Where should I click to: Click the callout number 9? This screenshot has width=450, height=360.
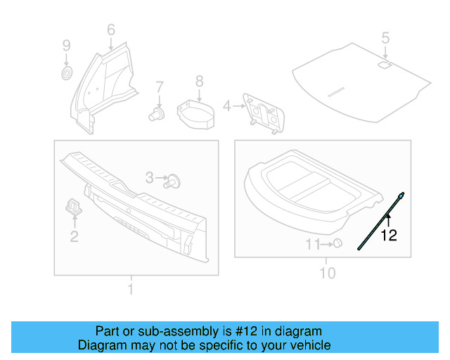[66, 46]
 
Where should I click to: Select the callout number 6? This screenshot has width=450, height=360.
[110, 30]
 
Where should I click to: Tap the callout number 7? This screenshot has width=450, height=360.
[159, 87]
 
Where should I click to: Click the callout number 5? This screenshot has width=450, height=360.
[385, 37]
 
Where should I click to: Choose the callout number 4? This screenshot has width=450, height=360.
[226, 106]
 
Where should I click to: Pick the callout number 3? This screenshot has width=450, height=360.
[149, 179]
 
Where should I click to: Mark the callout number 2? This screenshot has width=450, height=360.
[74, 236]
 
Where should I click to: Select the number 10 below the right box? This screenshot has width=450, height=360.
[328, 273]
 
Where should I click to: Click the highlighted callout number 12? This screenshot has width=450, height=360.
[389, 236]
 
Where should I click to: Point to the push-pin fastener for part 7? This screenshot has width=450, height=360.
[157, 113]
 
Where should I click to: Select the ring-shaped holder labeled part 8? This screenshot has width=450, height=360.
[196, 113]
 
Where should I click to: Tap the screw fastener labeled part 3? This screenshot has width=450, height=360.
[174, 181]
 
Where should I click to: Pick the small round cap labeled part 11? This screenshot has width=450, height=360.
[337, 243]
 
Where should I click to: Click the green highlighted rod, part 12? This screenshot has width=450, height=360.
[380, 219]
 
